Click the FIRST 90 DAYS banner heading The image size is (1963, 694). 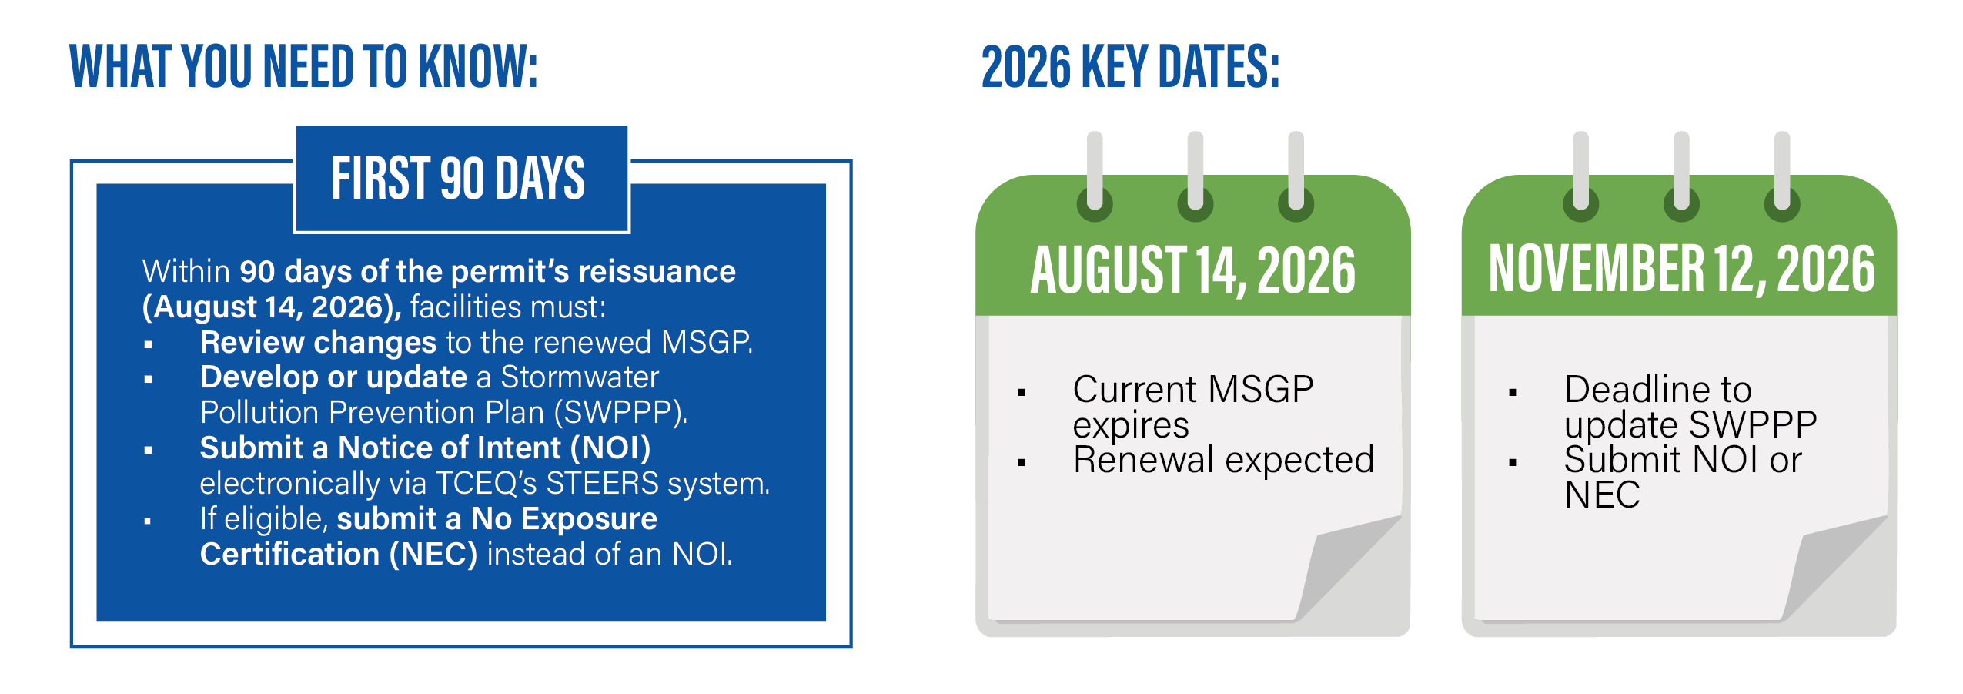click(x=458, y=178)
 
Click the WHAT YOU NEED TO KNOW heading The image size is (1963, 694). click(x=303, y=66)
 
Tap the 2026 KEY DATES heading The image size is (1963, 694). click(x=1130, y=66)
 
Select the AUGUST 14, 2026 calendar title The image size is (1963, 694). click(x=1192, y=270)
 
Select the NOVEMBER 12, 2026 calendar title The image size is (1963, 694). click(x=1681, y=269)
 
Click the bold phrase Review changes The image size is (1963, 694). click(x=319, y=342)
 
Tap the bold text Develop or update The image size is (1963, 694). click(x=334, y=377)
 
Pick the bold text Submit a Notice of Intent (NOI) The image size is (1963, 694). click(x=426, y=448)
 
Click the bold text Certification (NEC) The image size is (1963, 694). click(x=339, y=554)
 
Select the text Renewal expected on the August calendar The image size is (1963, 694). click(x=1223, y=460)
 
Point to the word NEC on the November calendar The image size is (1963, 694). click(x=1602, y=495)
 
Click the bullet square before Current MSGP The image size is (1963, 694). click(x=1022, y=393)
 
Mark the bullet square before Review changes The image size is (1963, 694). click(x=148, y=345)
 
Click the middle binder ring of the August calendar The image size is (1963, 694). click(x=1195, y=177)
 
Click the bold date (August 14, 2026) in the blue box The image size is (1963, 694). click(x=272, y=307)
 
